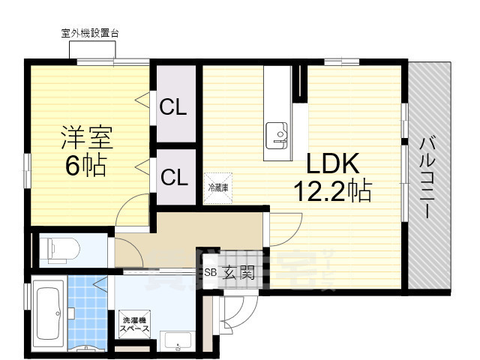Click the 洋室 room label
(x=85, y=139)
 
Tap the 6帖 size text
(x=84, y=165)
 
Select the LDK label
(x=334, y=163)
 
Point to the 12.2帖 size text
(x=334, y=191)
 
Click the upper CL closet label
(x=173, y=107)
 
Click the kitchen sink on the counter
(x=277, y=133)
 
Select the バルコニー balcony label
(x=427, y=176)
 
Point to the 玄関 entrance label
(x=238, y=273)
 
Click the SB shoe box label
(x=210, y=273)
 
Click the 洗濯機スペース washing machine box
(x=135, y=325)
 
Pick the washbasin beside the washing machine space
(x=178, y=341)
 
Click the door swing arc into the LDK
(x=283, y=229)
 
